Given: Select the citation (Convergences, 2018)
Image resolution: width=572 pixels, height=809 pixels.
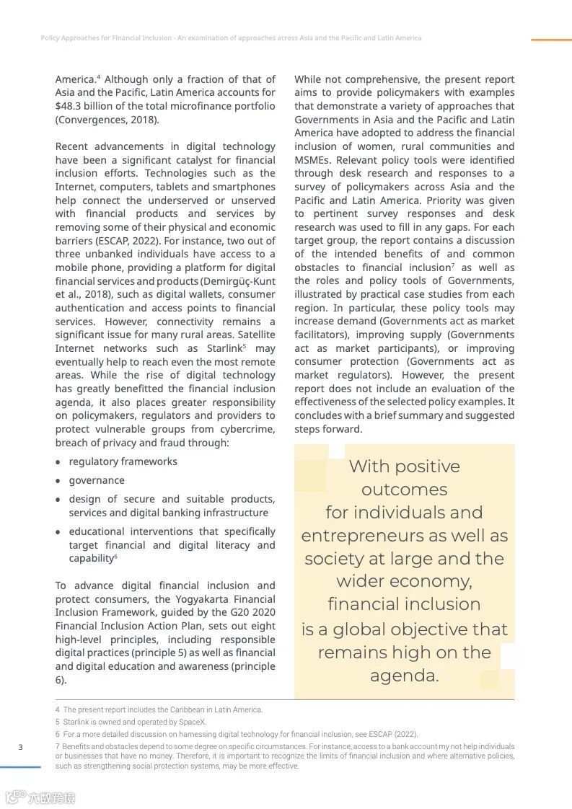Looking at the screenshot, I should point(107,120).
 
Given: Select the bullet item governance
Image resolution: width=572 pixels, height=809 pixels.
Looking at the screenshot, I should point(97,480).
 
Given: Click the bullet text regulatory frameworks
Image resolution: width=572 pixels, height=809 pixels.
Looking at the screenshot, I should point(123,461).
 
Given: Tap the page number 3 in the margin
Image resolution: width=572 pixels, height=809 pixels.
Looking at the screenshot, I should point(20,747).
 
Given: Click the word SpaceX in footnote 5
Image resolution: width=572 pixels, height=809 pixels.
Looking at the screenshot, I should point(193,722).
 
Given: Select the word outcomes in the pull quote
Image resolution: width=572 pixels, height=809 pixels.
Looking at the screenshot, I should point(404,490).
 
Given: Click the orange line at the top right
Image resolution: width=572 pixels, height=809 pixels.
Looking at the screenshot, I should point(551,40).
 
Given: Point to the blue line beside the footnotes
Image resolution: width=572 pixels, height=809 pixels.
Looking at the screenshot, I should point(20,767).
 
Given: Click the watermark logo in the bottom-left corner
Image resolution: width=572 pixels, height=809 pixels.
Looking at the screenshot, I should point(40,797).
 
